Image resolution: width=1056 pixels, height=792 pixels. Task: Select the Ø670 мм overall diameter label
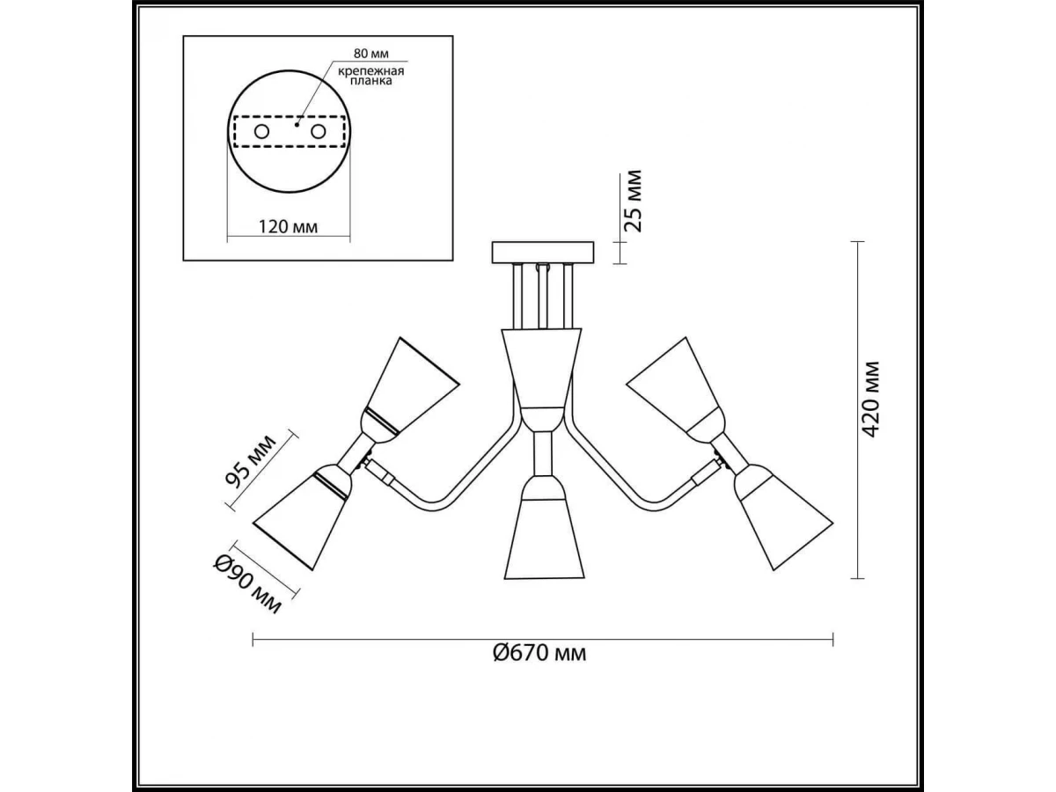pos(539,653)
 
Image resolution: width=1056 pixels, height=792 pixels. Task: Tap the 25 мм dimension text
pos(633,201)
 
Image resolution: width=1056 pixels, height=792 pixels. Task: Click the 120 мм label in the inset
pos(288,226)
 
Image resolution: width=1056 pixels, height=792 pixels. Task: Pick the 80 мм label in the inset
pos(371,53)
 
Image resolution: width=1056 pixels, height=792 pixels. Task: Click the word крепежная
pos(370,71)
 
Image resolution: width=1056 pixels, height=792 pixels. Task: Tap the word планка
pos(371,81)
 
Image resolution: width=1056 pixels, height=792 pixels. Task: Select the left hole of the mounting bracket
pos(261,131)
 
